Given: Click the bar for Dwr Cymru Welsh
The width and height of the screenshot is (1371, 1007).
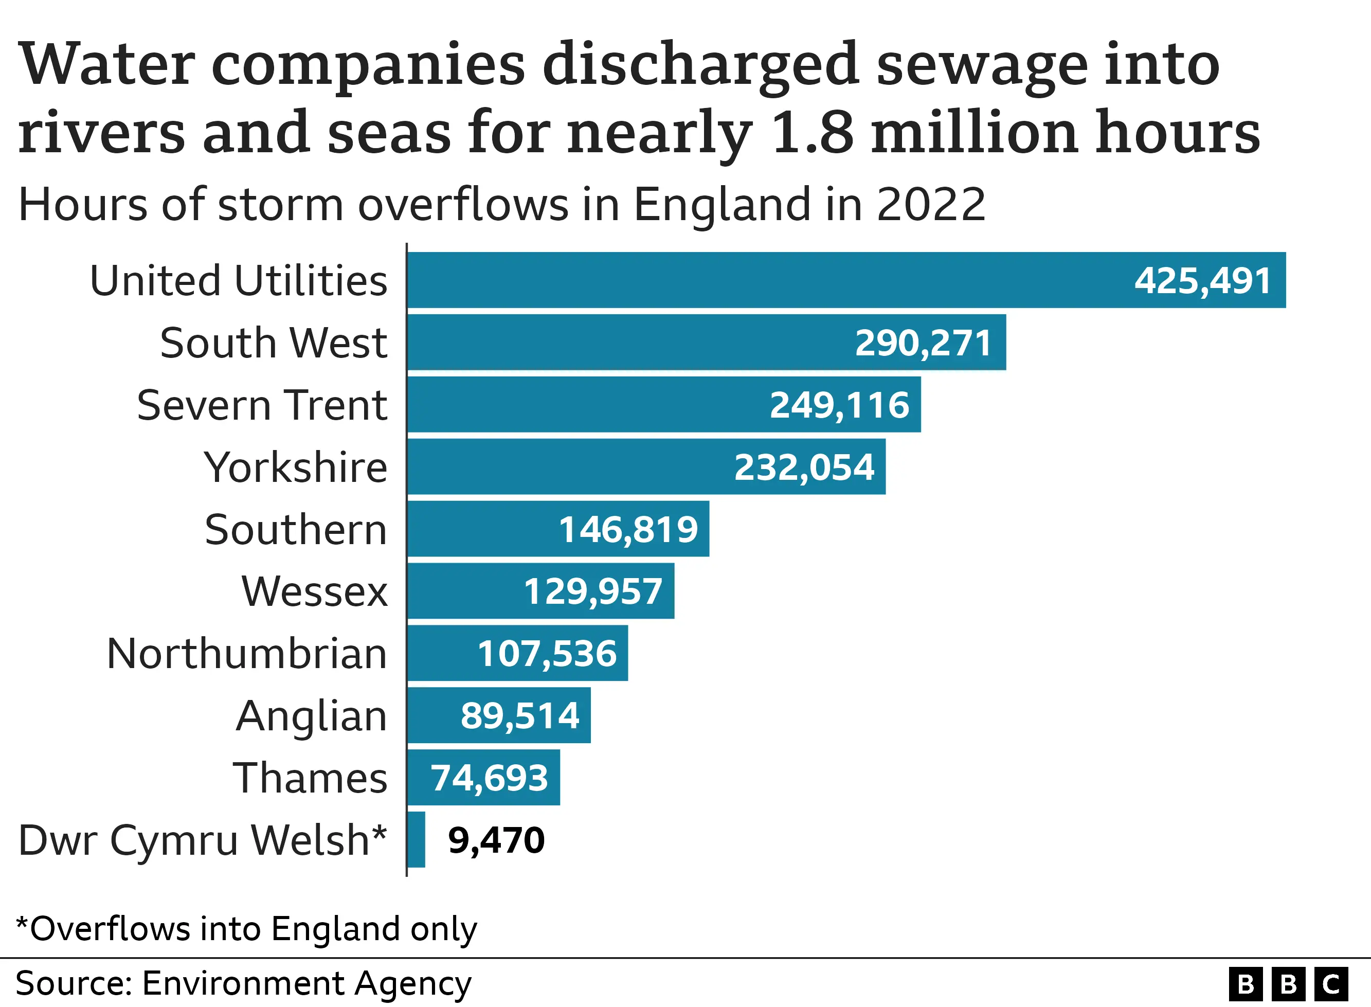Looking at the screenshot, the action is [416, 839].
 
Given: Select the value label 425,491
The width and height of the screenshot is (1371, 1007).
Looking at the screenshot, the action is [1202, 280].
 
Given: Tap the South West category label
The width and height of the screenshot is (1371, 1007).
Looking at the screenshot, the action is [274, 343].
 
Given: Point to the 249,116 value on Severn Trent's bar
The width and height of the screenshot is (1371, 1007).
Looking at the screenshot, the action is [839, 405].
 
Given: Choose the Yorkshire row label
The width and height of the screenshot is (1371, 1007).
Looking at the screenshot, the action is [296, 467].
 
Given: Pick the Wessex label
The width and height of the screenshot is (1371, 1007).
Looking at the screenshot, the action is [314, 591].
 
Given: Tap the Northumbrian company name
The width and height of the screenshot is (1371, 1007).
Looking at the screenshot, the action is [247, 654].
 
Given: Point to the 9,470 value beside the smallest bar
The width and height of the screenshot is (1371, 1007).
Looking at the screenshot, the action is [496, 840].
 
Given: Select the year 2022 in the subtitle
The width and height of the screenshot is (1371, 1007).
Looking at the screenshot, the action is [930, 204].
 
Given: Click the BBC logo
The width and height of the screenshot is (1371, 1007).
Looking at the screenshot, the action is [1289, 984].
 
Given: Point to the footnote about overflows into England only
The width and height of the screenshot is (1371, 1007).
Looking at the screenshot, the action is [246, 929].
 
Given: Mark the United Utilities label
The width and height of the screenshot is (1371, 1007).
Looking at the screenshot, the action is [238, 280].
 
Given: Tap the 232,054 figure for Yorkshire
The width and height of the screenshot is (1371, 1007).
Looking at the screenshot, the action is [804, 467].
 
